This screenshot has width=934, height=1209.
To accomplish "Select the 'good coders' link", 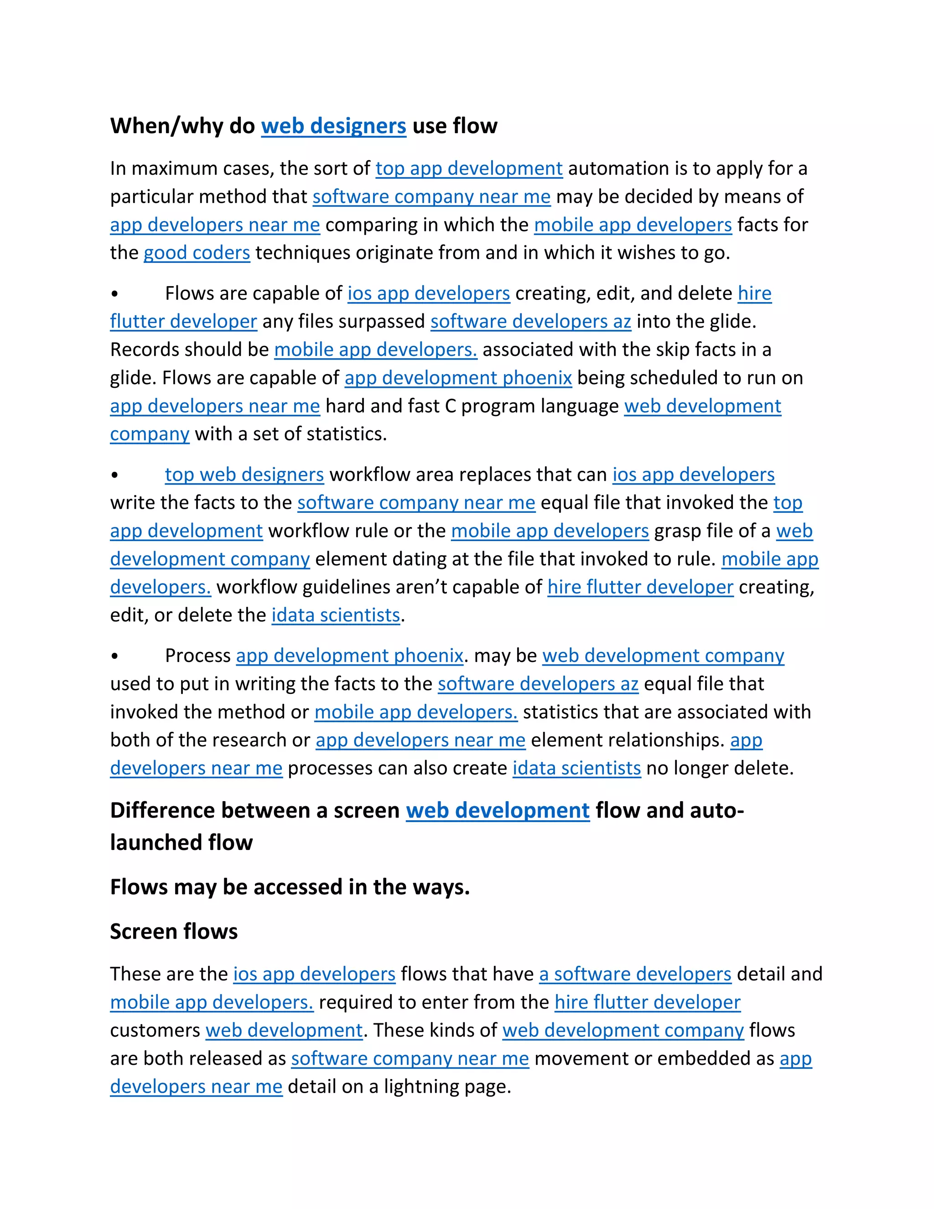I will [197, 253].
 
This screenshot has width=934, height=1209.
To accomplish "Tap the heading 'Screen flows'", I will [174, 932].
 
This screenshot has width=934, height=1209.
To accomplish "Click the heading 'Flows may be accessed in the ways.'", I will [290, 887].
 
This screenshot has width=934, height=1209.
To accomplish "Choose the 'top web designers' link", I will [244, 475].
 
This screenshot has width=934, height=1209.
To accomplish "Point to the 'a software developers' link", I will [635, 974].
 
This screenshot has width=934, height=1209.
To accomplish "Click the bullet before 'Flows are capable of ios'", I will [114, 294].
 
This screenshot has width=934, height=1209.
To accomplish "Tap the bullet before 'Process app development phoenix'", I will [114, 657].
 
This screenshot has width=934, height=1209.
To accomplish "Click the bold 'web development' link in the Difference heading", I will [498, 811].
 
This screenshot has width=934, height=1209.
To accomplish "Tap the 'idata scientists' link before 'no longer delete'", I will [576, 768].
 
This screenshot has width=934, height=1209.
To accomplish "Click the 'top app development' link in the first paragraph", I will [469, 169].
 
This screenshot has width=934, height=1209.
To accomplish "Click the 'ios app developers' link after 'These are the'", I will [314, 974].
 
